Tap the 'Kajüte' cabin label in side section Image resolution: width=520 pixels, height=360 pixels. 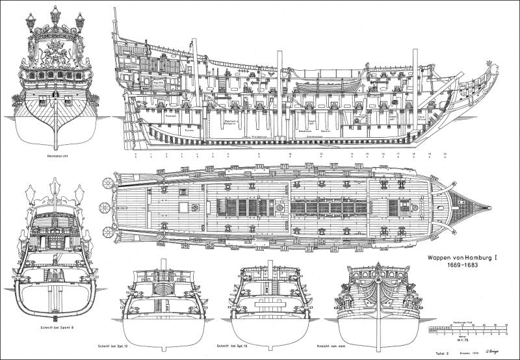click(157, 83)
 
